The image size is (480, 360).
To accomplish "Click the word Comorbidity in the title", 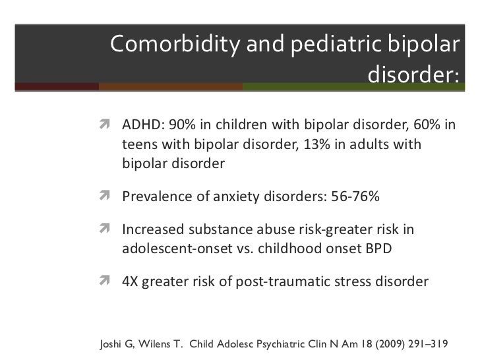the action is (175, 44).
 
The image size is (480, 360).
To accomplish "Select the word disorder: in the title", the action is (413, 74).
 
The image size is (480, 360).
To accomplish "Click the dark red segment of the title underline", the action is (57, 86).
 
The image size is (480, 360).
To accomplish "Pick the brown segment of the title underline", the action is (171, 86).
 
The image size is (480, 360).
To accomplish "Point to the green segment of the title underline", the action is (353, 86).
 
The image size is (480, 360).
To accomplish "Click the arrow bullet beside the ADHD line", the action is (104, 124).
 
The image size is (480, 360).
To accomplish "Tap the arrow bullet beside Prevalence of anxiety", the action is (104, 195).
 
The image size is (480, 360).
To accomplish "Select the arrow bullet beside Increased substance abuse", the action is (104, 228).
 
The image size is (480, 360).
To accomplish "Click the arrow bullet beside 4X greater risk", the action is (104, 280).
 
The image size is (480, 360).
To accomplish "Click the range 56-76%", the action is (355, 196).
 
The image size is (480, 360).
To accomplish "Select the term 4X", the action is (130, 282).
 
